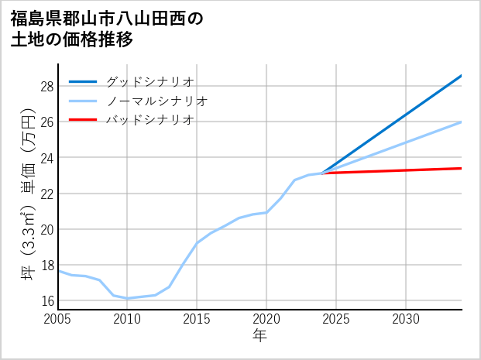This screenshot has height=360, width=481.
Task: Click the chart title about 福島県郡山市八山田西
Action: [x=107, y=29]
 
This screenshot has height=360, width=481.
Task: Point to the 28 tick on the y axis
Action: [x=47, y=87]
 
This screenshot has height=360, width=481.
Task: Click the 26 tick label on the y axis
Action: [x=47, y=122]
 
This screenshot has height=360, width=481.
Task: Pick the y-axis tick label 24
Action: [x=47, y=158]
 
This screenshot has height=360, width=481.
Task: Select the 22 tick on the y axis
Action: [x=47, y=194]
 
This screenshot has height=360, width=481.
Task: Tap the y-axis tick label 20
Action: [x=47, y=229]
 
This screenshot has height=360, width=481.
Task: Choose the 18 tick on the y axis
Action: [x=47, y=265]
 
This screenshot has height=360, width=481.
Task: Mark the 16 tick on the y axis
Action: [x=47, y=300]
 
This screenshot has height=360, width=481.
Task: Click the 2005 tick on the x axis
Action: [x=58, y=319]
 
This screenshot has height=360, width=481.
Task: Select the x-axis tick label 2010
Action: [x=128, y=319]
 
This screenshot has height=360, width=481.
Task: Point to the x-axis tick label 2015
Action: [x=197, y=319]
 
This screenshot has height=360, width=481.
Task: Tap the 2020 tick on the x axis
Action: [x=266, y=319]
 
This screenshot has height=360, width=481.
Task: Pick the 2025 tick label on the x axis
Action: [x=336, y=319]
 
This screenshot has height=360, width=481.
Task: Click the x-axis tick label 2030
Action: [x=406, y=319]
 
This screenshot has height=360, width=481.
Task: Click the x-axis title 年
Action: [x=260, y=336]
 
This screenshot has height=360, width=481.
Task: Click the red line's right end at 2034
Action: [x=461, y=168]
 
